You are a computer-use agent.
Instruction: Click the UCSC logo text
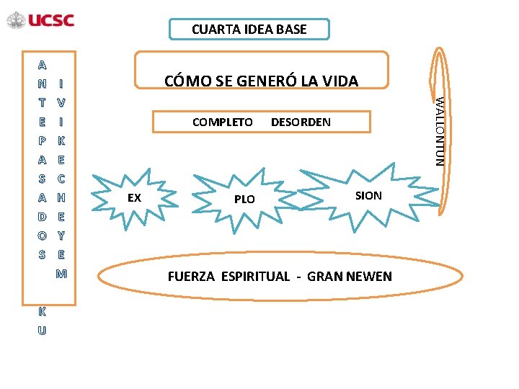51,20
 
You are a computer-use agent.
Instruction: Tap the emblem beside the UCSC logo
16,20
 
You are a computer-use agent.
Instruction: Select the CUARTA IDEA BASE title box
249,30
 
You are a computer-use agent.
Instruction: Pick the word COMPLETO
223,122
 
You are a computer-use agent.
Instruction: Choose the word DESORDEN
301,122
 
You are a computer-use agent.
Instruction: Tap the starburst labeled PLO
244,199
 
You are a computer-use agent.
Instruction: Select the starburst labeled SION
368,195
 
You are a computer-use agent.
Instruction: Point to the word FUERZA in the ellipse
192,277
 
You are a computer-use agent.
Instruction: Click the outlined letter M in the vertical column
61,274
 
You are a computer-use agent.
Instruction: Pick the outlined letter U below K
42,331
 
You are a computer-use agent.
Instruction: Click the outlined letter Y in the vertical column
61,235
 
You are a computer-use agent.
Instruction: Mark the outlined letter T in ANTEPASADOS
43,102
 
